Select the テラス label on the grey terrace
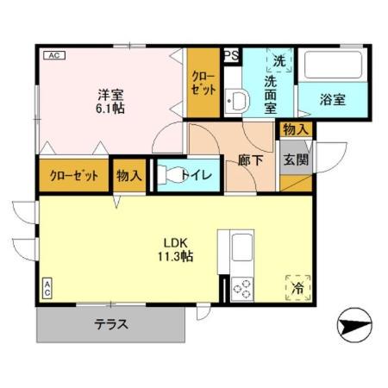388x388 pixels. point(111,325)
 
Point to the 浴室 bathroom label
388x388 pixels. point(335,99)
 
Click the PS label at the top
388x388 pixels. point(231,56)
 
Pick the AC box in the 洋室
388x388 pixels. point(52,56)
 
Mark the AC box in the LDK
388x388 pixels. point(47,287)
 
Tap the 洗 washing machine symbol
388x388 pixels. point(279,62)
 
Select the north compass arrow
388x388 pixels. point(354,328)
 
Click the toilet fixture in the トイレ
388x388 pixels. point(172,175)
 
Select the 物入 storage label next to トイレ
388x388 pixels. point(129,176)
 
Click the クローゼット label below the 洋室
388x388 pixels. point(73,176)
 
